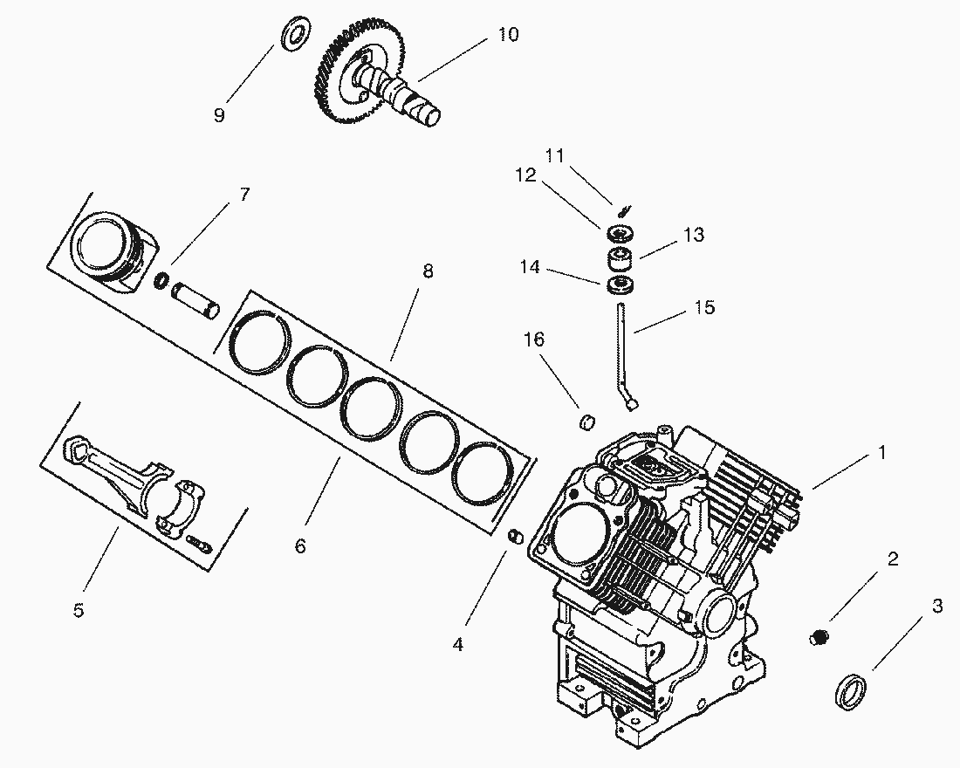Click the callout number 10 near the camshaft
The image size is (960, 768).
pos(508,34)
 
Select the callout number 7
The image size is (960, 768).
pos(244,195)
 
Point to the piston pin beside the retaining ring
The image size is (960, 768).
pos(196,298)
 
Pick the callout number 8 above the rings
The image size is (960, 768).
pos(427,271)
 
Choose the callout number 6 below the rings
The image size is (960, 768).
pos(300,545)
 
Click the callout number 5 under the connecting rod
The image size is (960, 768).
pos(79,610)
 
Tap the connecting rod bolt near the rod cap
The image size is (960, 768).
pos(199,544)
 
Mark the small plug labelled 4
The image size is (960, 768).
pos(515,536)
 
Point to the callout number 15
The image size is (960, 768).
pos(705,307)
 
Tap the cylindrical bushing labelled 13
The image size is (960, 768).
pos(621,259)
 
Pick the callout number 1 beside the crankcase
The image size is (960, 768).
pos(881,453)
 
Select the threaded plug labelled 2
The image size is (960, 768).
pos(818,638)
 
